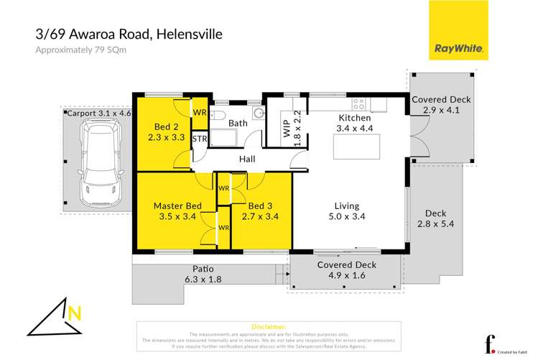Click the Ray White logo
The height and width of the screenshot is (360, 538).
pyautogui.click(x=459, y=32)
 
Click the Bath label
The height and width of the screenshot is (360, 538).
pyautogui.click(x=238, y=123)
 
